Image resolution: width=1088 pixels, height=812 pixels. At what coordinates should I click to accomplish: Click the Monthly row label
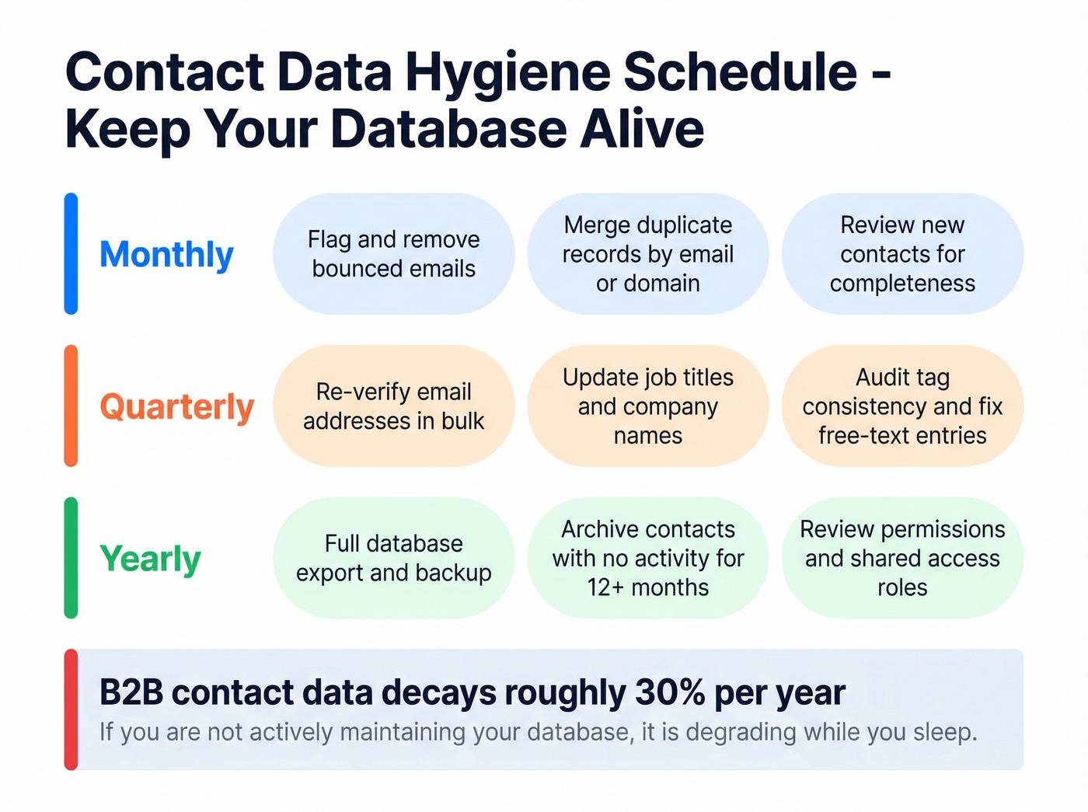coord(166,255)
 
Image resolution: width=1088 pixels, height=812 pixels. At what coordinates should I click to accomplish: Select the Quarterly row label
coord(176,407)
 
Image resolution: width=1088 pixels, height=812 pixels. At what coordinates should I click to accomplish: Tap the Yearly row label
coord(150,559)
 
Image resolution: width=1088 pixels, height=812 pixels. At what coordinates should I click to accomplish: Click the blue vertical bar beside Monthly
coord(71,254)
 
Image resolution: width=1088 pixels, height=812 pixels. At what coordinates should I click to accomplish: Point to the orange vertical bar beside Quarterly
coord(71,406)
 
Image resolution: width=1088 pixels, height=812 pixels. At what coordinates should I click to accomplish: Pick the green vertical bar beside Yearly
coord(71,558)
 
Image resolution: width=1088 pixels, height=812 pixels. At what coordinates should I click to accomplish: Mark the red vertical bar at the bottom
coord(71,709)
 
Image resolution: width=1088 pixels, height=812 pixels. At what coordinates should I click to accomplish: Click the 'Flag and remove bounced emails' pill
coord(393,254)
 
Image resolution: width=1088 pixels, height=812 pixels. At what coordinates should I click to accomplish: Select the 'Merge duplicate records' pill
coord(647,254)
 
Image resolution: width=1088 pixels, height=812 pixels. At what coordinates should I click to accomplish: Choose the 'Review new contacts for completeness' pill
coord(902,254)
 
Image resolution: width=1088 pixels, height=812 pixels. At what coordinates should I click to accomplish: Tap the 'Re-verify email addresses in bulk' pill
coord(393,406)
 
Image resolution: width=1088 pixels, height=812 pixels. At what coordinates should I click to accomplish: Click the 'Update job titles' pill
coord(647,406)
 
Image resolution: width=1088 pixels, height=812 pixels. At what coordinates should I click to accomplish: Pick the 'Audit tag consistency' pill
coord(902,406)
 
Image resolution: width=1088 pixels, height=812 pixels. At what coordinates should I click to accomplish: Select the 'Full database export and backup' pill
coord(393,558)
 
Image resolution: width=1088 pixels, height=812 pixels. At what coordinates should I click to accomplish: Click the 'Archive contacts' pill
coord(647,558)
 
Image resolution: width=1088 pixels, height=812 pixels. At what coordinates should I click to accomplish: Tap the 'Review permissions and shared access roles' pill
coord(902,558)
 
